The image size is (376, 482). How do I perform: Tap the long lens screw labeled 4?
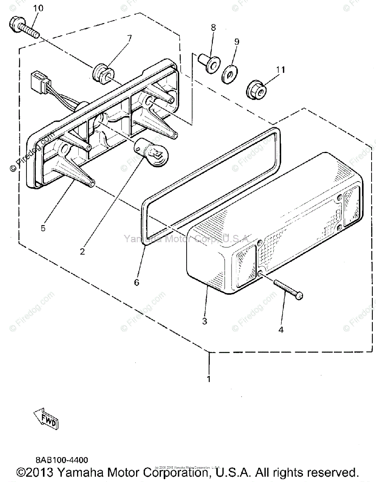click(x=287, y=289)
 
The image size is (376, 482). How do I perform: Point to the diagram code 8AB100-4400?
click(x=61, y=460)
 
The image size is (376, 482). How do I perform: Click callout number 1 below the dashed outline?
click(x=209, y=378)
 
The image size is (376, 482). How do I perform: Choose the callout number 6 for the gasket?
click(x=137, y=282)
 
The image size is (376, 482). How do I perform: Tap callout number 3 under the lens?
click(x=205, y=321)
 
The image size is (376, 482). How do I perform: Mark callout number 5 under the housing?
click(x=43, y=229)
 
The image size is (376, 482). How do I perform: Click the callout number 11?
click(x=280, y=69)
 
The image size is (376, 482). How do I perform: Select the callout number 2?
click(x=82, y=252)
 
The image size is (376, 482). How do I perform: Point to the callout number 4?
click(x=281, y=330)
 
